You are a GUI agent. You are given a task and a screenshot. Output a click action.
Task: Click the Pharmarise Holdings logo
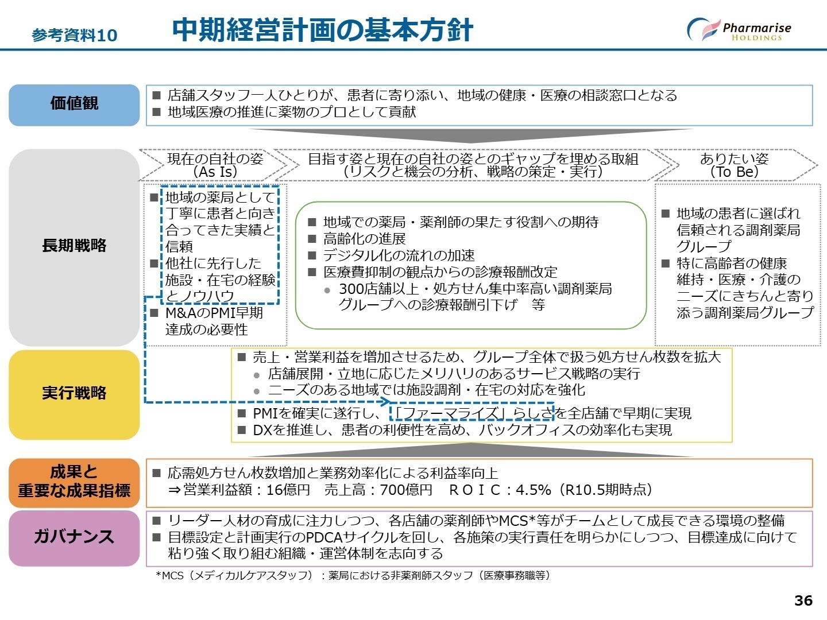point(739,30)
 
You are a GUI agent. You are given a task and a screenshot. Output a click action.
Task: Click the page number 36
point(803,600)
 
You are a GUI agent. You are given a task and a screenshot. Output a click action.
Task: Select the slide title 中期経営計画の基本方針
point(322,30)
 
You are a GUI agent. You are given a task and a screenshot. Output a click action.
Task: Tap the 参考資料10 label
point(75,36)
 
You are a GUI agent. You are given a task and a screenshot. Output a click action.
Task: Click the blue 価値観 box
point(74,104)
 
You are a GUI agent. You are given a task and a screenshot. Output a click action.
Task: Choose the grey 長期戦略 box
point(74,246)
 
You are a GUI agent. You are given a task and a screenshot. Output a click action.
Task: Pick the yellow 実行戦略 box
point(74,394)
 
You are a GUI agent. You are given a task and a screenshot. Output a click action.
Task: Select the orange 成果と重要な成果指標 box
point(74,482)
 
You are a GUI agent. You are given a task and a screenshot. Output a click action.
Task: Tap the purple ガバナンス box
point(74,537)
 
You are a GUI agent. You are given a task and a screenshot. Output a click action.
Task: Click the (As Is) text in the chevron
point(215,172)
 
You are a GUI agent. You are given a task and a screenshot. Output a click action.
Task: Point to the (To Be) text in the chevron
point(734,172)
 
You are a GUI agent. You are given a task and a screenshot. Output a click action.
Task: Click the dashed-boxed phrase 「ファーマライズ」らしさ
point(473,413)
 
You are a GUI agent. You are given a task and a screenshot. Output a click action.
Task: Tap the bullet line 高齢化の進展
point(364,239)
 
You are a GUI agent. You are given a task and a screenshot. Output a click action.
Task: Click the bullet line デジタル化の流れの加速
point(399,255)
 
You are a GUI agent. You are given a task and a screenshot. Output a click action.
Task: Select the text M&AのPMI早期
point(214,313)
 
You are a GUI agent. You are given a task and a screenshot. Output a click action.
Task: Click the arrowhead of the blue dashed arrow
point(386,402)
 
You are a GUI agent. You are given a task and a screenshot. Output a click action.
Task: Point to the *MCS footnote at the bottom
point(353,576)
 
